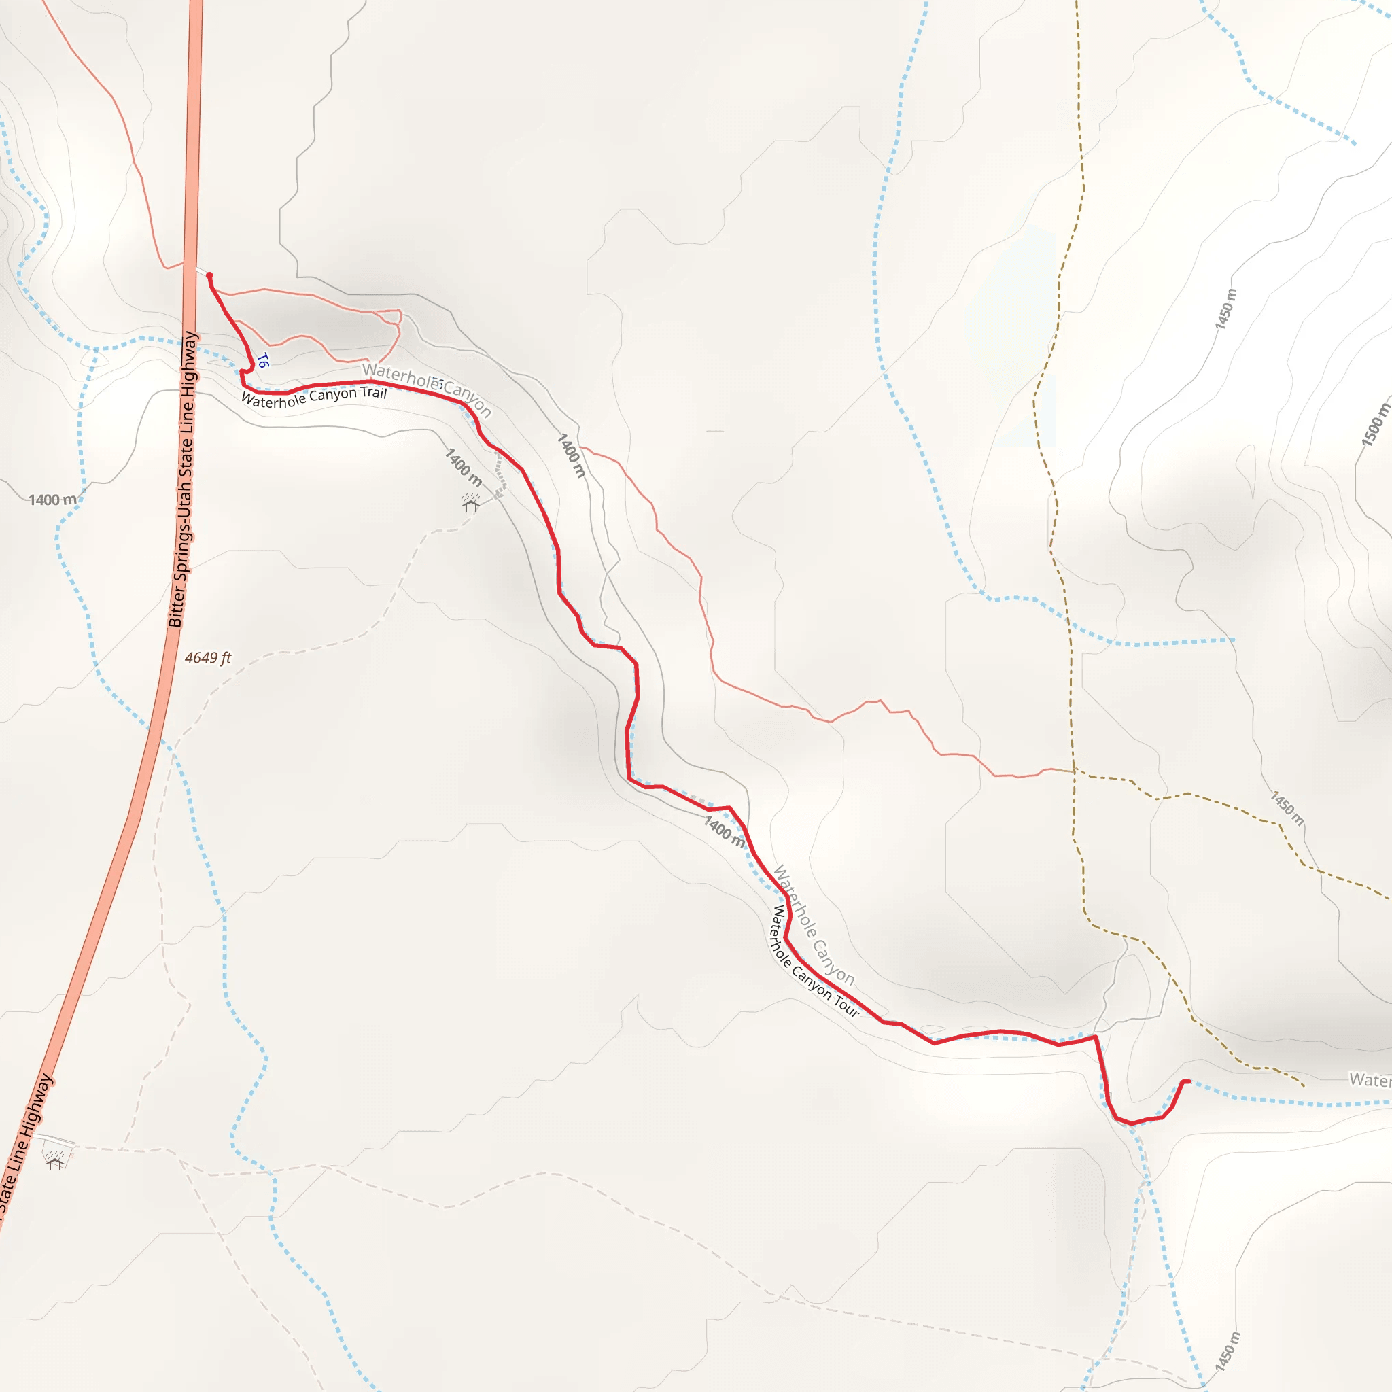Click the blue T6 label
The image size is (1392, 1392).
263,360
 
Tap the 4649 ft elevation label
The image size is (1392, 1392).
207,658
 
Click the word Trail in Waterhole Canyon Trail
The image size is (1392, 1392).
373,393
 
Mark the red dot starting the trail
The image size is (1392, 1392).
209,275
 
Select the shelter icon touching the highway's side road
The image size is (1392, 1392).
55,1160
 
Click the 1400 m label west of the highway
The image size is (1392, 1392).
52,500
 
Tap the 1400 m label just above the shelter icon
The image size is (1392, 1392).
464,467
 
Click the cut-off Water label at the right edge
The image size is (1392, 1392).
1370,1079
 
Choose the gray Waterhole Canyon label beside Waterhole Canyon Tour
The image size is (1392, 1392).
814,926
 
